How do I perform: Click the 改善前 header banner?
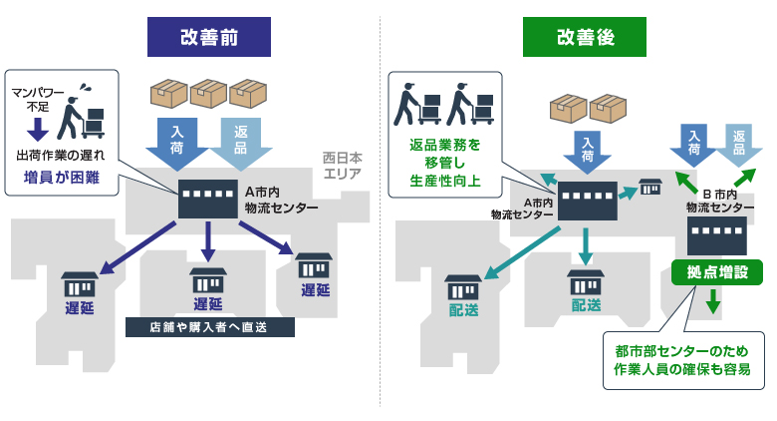tap(209, 37)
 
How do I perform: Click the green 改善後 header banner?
tap(585, 37)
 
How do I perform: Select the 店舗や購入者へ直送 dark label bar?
tap(211, 327)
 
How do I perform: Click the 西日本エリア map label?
tap(341, 166)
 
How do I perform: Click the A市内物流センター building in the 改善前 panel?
tap(207, 199)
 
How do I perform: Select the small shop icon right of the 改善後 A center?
tap(649, 187)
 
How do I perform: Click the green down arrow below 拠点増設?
tap(713, 300)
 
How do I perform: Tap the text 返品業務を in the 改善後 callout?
tap(444, 144)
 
